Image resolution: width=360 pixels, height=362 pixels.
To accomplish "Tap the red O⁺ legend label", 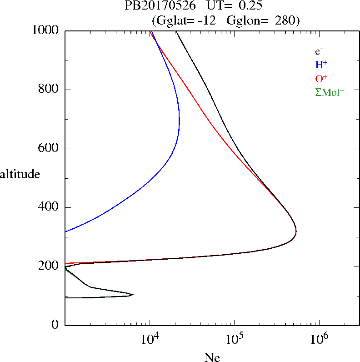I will click(x=321, y=78).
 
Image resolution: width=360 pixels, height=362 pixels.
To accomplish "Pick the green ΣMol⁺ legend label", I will click(x=330, y=92).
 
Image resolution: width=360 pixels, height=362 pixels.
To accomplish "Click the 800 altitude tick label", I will click(x=49, y=90).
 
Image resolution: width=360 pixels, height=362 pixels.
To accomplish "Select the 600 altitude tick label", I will click(x=49, y=149).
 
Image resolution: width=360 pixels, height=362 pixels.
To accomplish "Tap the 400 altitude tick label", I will click(x=49, y=207).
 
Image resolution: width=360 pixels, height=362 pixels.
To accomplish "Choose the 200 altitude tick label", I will click(x=49, y=266).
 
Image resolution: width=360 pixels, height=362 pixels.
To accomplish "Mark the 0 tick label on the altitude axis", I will click(x=55, y=325).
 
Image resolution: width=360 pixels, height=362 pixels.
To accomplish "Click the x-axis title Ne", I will click(x=212, y=357).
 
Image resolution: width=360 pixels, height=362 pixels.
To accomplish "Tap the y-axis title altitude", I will click(x=20, y=174).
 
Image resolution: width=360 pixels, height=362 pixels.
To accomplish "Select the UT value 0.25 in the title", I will click(x=250, y=6).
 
